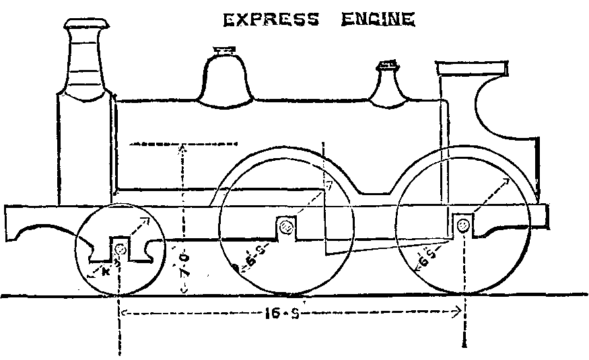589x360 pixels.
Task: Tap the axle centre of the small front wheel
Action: [120, 250]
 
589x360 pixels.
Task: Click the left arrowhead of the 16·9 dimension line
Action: [124, 311]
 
